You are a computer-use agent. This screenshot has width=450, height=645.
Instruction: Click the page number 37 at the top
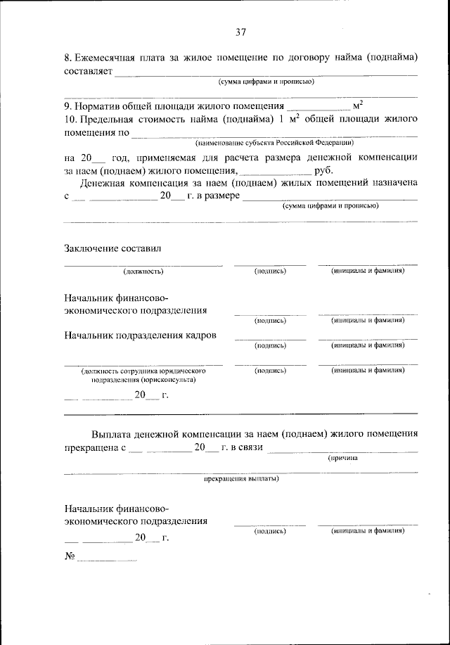(x=241, y=32)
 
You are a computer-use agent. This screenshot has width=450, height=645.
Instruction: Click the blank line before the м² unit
(x=319, y=110)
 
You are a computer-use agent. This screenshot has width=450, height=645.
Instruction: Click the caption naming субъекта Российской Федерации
(x=275, y=142)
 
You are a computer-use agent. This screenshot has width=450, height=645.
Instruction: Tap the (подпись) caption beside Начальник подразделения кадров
(x=270, y=345)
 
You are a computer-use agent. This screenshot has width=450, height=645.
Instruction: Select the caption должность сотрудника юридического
(x=143, y=370)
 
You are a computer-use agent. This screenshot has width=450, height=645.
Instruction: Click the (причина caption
(x=344, y=458)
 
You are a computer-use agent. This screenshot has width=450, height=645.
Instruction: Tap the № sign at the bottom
(x=70, y=556)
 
